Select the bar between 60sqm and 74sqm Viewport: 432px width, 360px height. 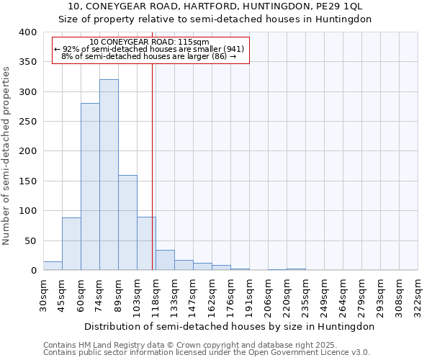coord(90,186)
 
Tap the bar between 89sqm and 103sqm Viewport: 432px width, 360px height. coord(127,222)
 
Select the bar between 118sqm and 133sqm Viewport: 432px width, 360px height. coord(165,260)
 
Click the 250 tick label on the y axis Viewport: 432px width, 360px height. coord(27,122)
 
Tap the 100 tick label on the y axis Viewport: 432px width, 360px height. coord(27,211)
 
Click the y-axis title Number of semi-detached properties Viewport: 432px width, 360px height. coord(6,156)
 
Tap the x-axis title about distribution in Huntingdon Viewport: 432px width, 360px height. coord(229,326)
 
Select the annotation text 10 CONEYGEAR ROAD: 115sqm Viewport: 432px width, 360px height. coord(150,42)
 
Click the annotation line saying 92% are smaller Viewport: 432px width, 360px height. coord(150,49)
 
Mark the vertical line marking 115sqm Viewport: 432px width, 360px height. coord(153,166)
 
